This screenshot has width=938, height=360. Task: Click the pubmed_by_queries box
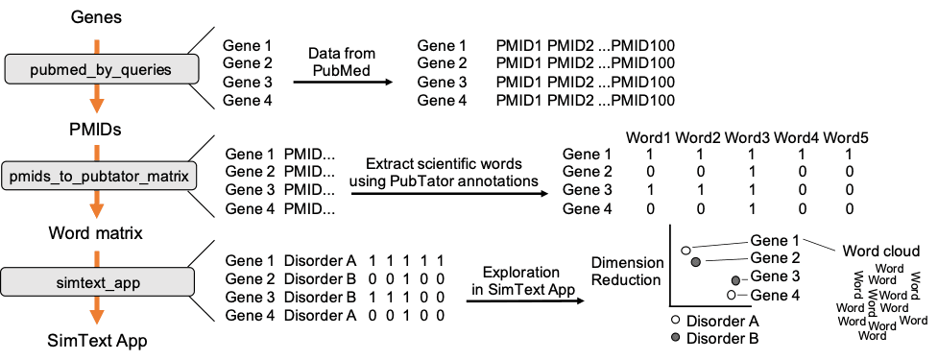[x=102, y=69]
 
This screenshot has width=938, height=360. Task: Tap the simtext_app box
[x=101, y=283]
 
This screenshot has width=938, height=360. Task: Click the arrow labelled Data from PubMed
[x=343, y=83]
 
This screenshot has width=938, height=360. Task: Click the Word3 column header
[x=748, y=138]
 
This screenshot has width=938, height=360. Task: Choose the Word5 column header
[x=846, y=138]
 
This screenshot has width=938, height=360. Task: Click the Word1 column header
[x=650, y=138]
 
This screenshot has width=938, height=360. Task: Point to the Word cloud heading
[x=881, y=251]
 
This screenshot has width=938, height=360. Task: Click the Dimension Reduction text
[x=626, y=271]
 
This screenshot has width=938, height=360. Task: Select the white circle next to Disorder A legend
[x=677, y=320]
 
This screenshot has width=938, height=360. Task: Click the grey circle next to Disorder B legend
[x=677, y=338]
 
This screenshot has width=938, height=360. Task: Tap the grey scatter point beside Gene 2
[x=696, y=260]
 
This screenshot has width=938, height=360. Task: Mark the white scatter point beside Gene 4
[x=732, y=295]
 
